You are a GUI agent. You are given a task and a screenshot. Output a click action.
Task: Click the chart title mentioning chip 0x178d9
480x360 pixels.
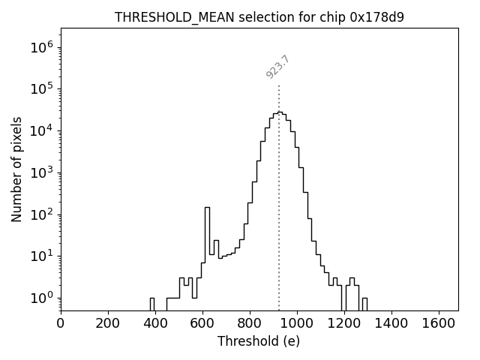point(259,17)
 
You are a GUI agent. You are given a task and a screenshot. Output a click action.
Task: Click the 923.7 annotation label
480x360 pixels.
point(277,67)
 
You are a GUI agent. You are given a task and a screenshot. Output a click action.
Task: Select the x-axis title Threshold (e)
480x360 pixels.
point(259,341)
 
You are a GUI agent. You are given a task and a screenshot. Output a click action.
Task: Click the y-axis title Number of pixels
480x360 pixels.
point(16,169)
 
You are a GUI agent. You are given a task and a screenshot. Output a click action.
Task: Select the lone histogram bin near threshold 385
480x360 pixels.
point(151,304)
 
